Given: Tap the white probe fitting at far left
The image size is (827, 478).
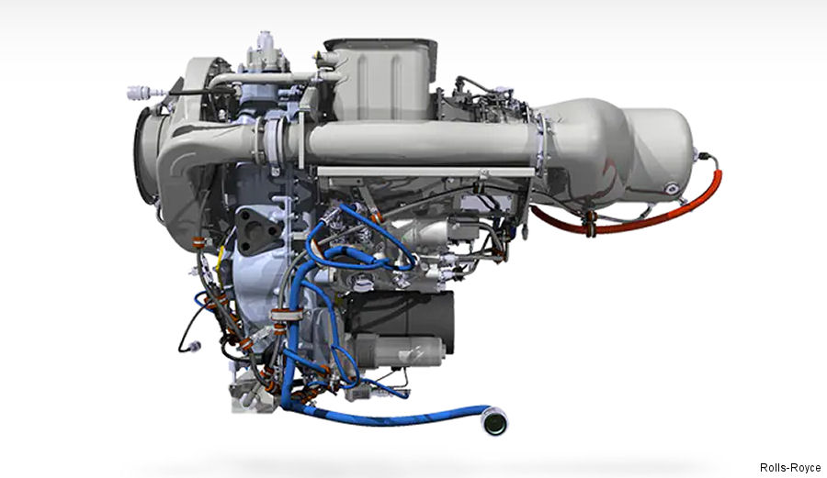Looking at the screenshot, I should [x=141, y=92].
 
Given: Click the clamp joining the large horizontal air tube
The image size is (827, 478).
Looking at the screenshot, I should [x=272, y=144].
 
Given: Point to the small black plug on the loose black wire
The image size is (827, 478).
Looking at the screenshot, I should [x=192, y=347].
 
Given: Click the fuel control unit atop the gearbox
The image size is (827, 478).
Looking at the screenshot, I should [x=266, y=55].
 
